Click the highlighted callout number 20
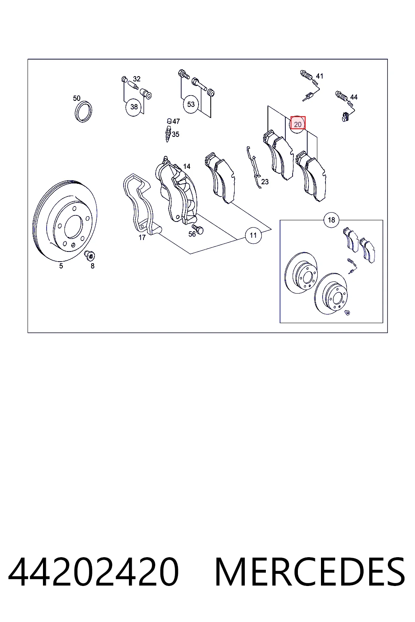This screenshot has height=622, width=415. (x=297, y=124)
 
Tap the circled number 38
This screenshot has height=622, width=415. (x=134, y=107)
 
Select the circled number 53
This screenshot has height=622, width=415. (x=191, y=104)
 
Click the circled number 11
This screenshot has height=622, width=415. (x=253, y=235)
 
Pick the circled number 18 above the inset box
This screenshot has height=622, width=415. (x=332, y=220)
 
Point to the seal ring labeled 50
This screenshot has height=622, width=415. (x=83, y=112)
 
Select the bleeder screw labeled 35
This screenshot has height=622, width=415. (x=168, y=134)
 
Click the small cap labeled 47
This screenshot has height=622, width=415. (x=169, y=121)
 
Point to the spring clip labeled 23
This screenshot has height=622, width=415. (x=254, y=167)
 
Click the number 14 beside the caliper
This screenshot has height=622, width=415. (x=187, y=166)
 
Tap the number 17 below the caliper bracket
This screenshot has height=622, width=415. (x=142, y=237)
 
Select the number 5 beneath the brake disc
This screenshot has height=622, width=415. (x=61, y=266)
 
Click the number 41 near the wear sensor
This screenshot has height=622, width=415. (x=320, y=76)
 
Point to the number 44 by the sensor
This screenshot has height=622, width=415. (x=353, y=97)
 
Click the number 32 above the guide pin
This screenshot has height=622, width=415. (x=137, y=79)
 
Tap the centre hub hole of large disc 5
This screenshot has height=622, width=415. (x=73, y=227)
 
